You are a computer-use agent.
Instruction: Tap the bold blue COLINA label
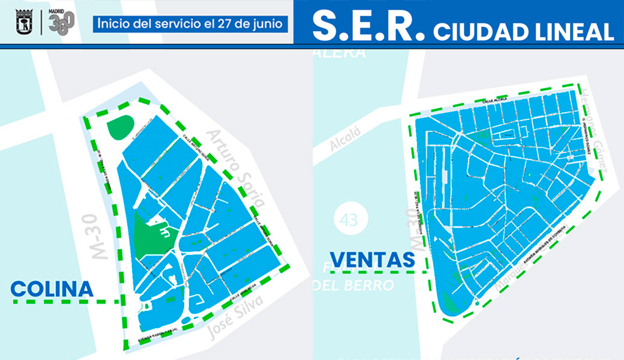[x=52, y=289]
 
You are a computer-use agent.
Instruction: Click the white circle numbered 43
[x=349, y=220]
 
